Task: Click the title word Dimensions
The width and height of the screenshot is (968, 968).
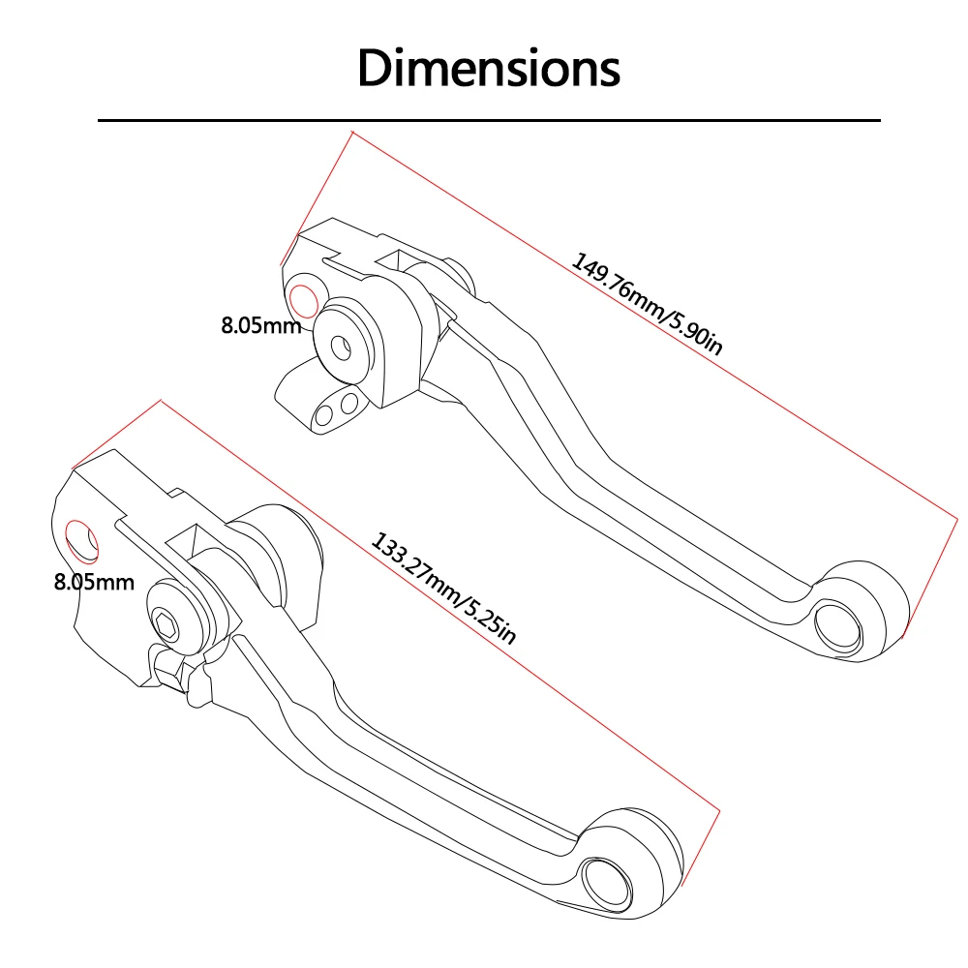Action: point(489,68)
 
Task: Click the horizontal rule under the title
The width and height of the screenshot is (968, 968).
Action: point(489,120)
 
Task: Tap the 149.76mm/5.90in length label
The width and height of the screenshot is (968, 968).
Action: point(646,304)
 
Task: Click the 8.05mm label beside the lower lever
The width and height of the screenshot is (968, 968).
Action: point(93,582)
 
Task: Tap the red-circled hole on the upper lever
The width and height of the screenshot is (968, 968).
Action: point(303,302)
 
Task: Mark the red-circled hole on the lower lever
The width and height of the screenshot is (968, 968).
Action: point(79,542)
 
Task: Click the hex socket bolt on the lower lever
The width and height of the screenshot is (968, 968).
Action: point(164,623)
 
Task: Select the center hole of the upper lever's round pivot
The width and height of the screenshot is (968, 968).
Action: point(340,346)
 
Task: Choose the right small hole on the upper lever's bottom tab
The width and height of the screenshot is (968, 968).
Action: point(350,401)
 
